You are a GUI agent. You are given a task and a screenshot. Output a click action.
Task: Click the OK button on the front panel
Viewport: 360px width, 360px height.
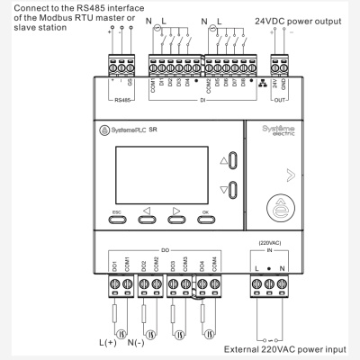click(x=206, y=215)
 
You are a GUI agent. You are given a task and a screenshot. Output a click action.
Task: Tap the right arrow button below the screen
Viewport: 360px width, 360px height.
click(x=175, y=215)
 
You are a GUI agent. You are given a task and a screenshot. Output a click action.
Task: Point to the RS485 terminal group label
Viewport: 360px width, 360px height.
click(x=124, y=100)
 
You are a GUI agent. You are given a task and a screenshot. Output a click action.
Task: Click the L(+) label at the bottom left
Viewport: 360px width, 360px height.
click(x=108, y=343)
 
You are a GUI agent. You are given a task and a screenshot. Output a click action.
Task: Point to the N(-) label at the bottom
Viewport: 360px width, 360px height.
click(x=139, y=343)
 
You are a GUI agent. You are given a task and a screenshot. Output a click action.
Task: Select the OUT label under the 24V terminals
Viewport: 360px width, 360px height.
click(x=280, y=100)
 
